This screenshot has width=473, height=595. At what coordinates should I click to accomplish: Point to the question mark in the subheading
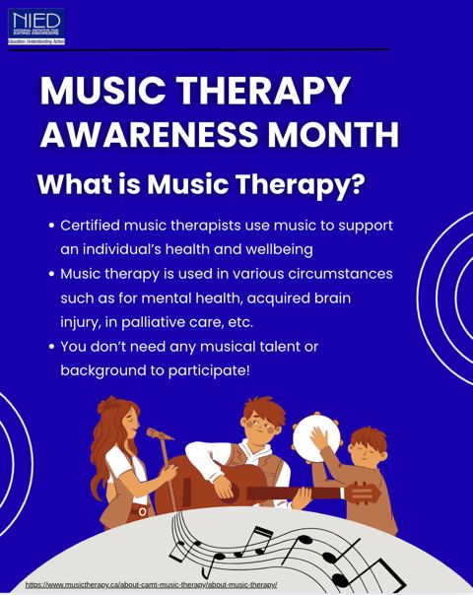pyautogui.click(x=357, y=184)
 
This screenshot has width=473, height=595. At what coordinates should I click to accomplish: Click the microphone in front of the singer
pyautogui.click(x=159, y=433)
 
